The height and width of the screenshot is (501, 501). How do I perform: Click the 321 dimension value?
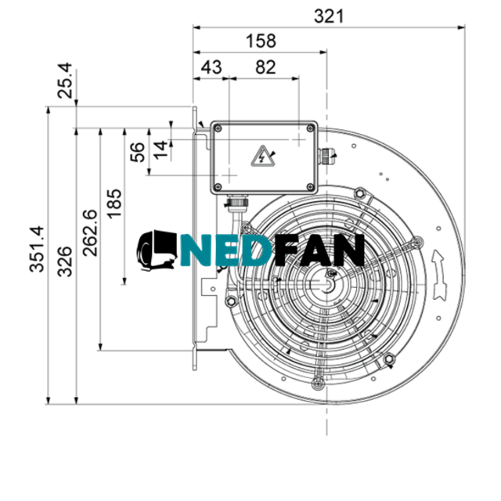pos(329,16)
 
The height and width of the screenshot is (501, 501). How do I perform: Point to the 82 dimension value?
pos(265,67)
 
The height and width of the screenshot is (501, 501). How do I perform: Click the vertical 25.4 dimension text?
pos(68,81)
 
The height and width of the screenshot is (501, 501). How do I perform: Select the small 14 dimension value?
pos(160,150)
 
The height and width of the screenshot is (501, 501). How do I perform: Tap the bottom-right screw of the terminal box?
pos(311,186)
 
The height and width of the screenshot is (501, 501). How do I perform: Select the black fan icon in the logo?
pos(157,250)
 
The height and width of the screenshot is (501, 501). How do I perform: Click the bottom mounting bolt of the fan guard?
pos(318,382)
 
